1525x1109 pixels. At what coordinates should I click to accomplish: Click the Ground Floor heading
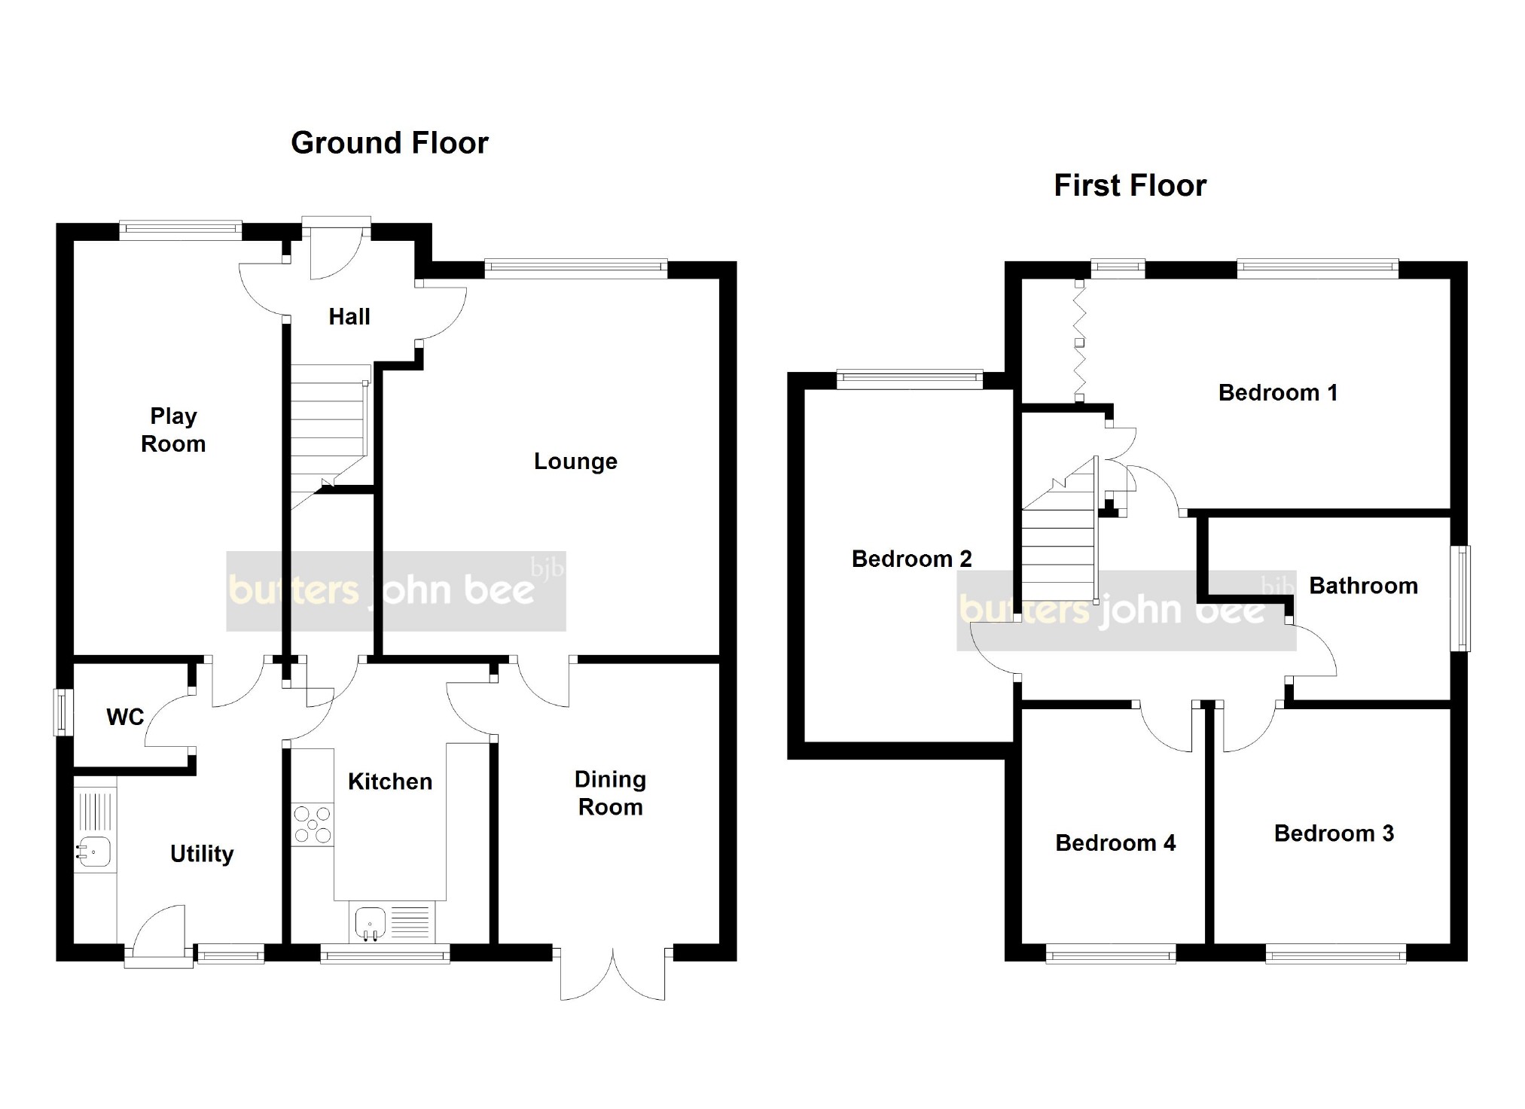(389, 143)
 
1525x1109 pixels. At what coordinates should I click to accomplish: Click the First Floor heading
(1130, 185)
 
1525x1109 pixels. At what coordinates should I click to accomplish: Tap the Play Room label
(173, 430)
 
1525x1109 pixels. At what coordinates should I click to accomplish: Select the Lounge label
(575, 461)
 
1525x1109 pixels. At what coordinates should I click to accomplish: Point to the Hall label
(349, 316)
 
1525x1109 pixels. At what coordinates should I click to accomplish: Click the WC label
(125, 717)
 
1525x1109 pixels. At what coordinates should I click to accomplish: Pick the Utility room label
(202, 854)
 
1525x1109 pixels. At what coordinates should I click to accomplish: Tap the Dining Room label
(610, 793)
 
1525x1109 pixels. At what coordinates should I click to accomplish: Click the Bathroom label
(1363, 586)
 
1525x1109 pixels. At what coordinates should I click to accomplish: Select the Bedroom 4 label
(1115, 842)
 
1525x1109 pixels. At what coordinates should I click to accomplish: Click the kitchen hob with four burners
(313, 824)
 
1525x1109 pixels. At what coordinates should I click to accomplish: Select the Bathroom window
(1461, 598)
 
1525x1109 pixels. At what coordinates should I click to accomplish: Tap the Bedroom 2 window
(910, 379)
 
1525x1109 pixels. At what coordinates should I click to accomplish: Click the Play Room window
(180, 230)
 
